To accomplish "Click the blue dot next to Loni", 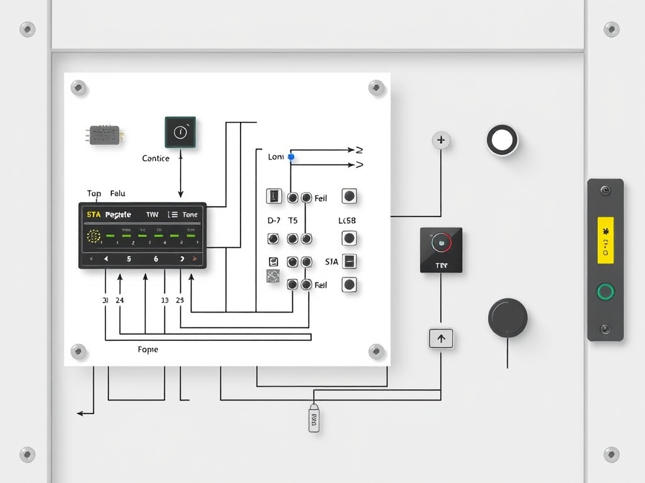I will click(x=291, y=157).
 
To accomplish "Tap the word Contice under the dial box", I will click(x=156, y=158).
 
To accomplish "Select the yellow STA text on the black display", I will click(x=93, y=214).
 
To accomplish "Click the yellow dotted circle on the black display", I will click(x=93, y=236).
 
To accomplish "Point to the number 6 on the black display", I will click(x=156, y=258).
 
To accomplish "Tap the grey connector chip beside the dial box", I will click(x=105, y=135).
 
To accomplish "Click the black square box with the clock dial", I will click(x=180, y=132).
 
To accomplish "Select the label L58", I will click(x=347, y=221).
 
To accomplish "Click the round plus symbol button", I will click(x=441, y=140).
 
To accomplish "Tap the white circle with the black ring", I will click(x=502, y=140).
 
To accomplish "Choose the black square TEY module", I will click(x=441, y=250).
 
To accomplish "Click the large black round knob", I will click(x=508, y=318).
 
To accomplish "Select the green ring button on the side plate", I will click(x=605, y=291).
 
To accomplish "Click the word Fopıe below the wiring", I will click(x=147, y=349).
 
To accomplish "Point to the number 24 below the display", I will click(x=120, y=300).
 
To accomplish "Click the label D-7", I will click(x=274, y=221).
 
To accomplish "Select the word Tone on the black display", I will click(x=190, y=214).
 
